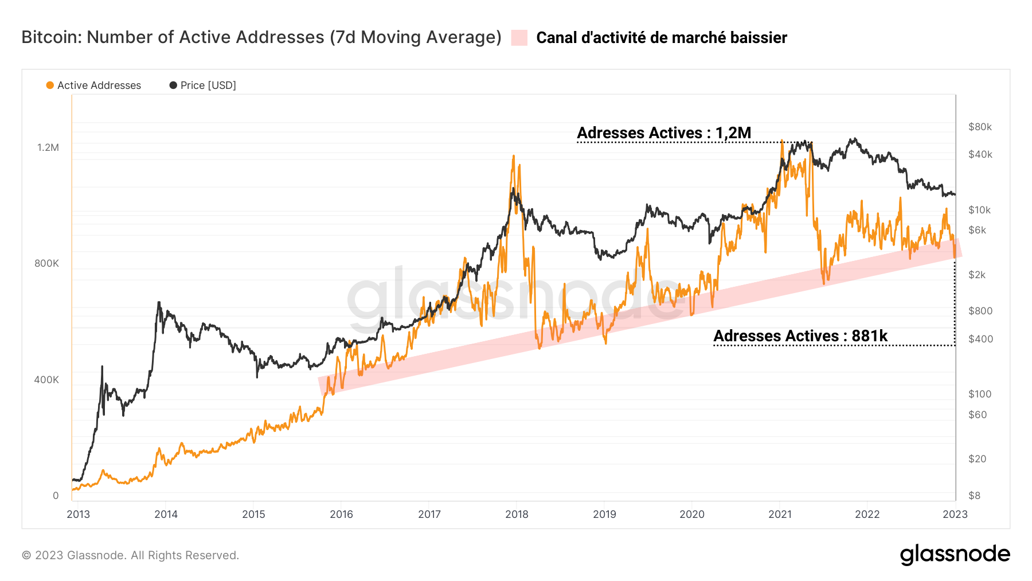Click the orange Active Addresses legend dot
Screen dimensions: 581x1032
click(x=50, y=85)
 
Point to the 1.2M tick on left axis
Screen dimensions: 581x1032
click(x=48, y=147)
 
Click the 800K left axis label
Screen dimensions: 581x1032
click(x=46, y=264)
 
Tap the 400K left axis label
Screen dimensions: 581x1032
click(x=46, y=380)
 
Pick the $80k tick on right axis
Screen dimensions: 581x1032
click(x=980, y=127)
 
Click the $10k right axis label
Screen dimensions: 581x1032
click(x=979, y=210)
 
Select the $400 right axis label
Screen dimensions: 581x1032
click(x=980, y=339)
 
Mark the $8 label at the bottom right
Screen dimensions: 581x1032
click(x=974, y=496)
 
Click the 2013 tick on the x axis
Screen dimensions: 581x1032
click(x=78, y=514)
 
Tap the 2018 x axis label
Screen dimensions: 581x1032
click(x=517, y=514)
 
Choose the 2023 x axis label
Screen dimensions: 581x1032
click(x=955, y=514)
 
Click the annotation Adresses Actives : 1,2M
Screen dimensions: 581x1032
click(x=663, y=133)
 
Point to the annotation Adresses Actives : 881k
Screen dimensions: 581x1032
click(x=800, y=336)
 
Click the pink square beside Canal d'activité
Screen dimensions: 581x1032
click(x=519, y=38)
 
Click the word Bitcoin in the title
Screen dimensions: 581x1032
click(x=51, y=37)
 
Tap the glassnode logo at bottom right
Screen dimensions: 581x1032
click(x=955, y=555)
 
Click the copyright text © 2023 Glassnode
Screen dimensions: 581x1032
click(x=130, y=555)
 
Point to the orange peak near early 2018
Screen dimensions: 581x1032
click(x=513, y=156)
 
